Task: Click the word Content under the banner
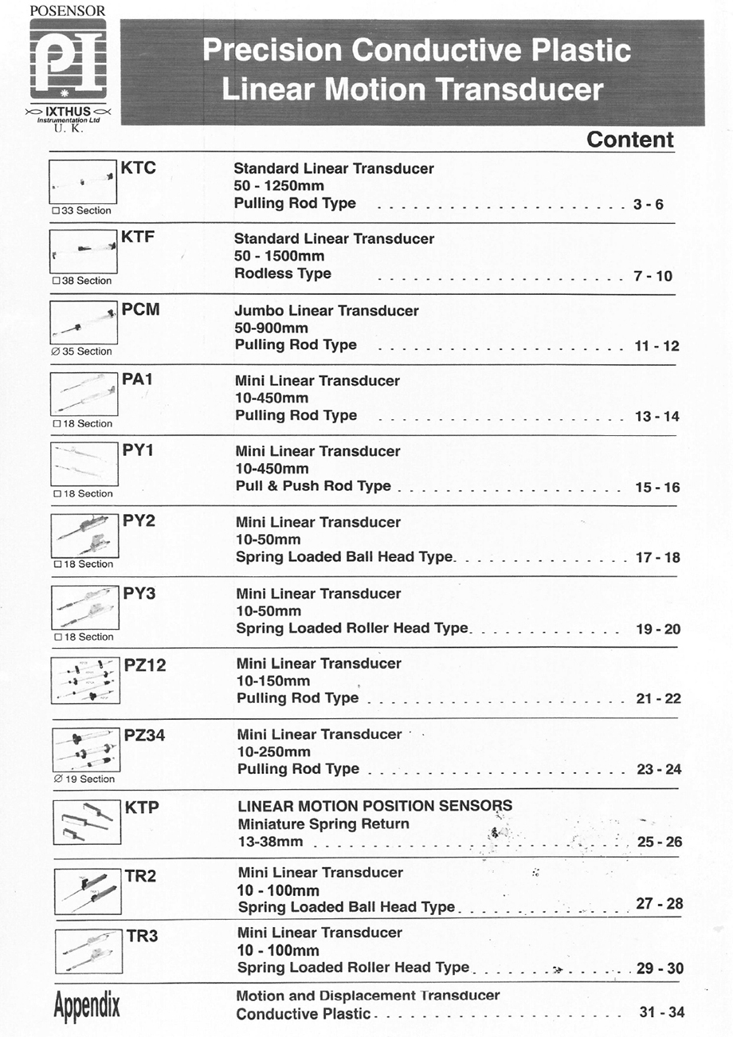629,140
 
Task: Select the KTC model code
138,168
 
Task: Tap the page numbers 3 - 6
648,205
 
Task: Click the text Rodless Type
283,273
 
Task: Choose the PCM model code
141,309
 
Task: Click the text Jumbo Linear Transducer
327,311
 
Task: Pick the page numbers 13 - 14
657,417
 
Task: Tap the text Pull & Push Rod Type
313,486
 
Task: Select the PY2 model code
139,521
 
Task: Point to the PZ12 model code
145,665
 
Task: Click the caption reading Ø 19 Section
83,779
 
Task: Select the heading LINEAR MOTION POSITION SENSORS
374,806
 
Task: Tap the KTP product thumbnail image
87,820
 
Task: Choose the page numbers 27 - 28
659,904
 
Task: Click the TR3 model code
142,936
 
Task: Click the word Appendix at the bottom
87,1006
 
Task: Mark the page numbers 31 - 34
661,1012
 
